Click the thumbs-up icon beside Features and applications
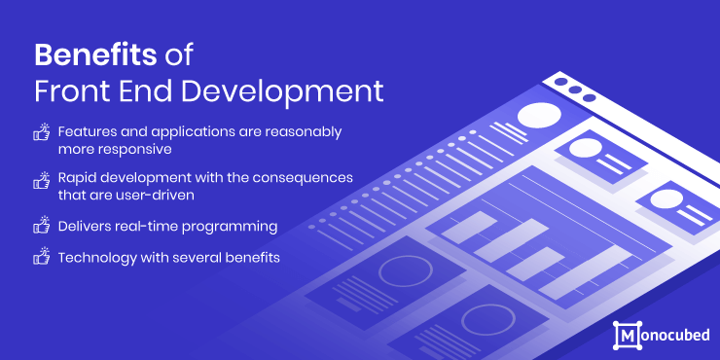(41, 133)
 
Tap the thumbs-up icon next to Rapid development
(41, 181)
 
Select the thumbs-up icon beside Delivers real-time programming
(41, 226)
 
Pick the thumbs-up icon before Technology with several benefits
(41, 257)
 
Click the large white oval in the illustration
(540, 116)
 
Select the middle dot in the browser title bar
(574, 90)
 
